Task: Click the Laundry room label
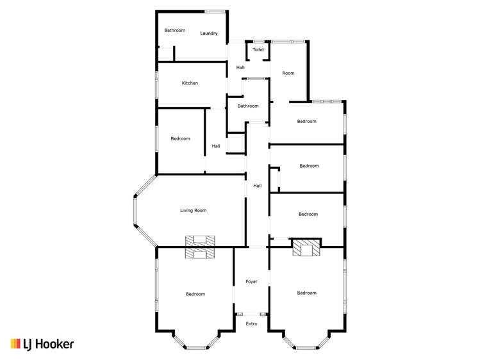(209, 33)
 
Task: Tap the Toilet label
(258, 49)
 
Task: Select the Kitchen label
(190, 83)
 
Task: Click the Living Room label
(192, 210)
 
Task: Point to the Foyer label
(251, 282)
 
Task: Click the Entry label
(251, 324)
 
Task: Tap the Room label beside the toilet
(288, 73)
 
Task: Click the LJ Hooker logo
(42, 344)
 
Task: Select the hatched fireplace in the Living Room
(201, 247)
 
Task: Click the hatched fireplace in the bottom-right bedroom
(306, 247)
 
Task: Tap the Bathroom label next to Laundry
(174, 30)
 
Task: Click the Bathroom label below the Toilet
(248, 106)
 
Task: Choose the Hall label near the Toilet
(240, 67)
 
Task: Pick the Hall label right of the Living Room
(257, 186)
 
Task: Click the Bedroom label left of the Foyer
(195, 294)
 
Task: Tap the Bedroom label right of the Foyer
(306, 293)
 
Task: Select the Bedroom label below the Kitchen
(180, 139)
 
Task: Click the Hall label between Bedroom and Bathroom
(216, 146)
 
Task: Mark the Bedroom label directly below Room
(306, 121)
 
